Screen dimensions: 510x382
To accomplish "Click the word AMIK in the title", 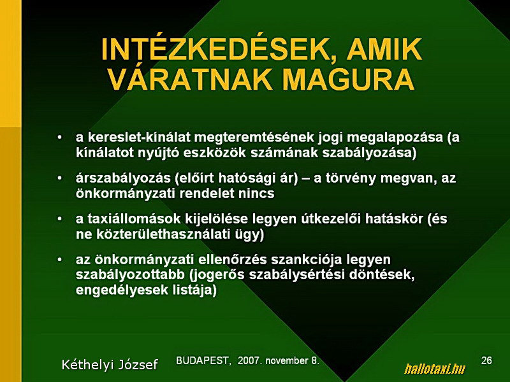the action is [x=384, y=50].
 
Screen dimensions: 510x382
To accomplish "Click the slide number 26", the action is [x=486, y=360].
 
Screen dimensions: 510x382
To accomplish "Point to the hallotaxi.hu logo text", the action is [x=435, y=369].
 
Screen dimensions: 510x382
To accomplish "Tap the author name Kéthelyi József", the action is [x=110, y=365].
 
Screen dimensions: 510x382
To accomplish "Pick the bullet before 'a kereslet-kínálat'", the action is [x=59, y=138].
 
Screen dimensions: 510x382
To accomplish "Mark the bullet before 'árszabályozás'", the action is [x=59, y=178].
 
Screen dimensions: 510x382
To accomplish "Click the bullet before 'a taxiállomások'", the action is [x=59, y=219].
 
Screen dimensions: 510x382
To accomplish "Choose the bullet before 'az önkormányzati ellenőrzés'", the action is [x=59, y=260].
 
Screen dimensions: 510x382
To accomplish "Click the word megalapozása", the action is [x=395, y=138].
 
